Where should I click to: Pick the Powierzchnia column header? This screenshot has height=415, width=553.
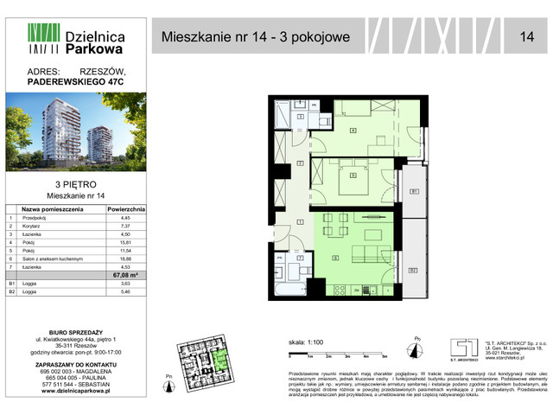130,209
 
